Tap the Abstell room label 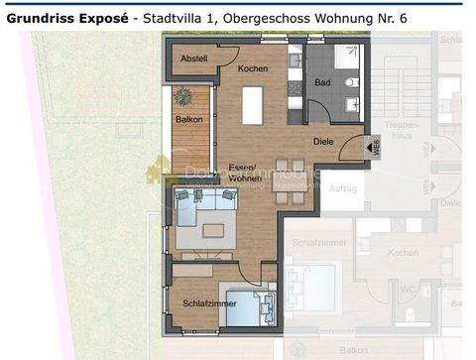click(194, 58)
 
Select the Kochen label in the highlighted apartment click(252, 67)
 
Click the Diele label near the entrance click(323, 142)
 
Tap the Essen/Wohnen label click(243, 172)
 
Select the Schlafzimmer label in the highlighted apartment click(209, 303)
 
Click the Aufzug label click(343, 186)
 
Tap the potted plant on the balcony click(183, 97)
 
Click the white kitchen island click(253, 105)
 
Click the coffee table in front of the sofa click(215, 231)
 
